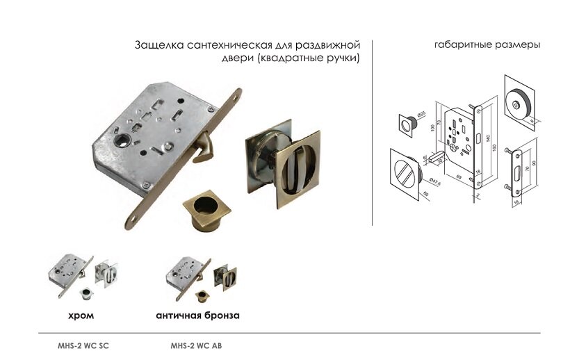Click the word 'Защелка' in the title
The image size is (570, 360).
158,46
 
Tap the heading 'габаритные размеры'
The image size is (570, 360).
487,45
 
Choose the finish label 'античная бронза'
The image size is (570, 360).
198,315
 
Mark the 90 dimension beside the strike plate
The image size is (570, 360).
541,168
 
